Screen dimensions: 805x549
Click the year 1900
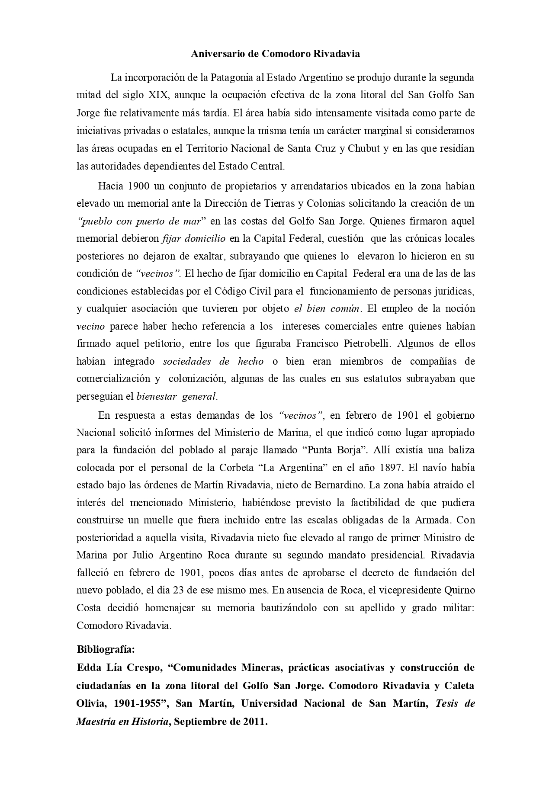(139, 186)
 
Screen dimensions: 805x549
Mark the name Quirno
(459, 590)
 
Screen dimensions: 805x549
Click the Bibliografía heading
(106, 649)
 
